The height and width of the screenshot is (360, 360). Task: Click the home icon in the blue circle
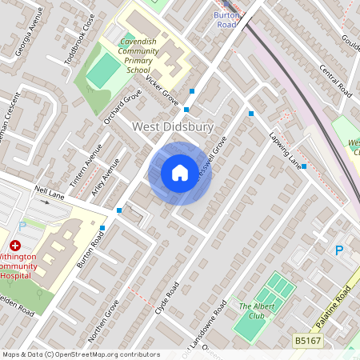click(x=180, y=173)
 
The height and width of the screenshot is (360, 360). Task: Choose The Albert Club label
click(x=256, y=310)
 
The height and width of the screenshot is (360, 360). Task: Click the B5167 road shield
click(x=306, y=340)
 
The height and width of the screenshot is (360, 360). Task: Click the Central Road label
click(x=336, y=80)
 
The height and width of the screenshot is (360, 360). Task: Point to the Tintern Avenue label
click(x=86, y=166)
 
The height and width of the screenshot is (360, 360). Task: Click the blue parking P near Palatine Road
click(x=339, y=250)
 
